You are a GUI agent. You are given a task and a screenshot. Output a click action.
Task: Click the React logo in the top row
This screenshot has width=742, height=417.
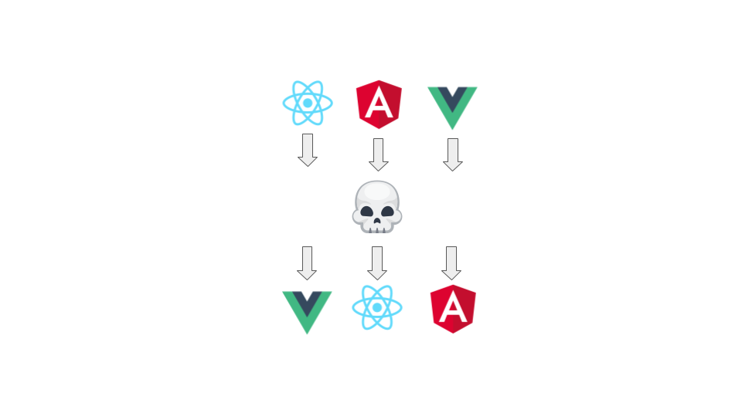[x=308, y=103]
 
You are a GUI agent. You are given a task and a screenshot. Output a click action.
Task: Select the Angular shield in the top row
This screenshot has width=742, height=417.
[x=379, y=103]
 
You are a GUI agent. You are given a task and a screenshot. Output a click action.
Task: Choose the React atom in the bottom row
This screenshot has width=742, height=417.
[x=377, y=307]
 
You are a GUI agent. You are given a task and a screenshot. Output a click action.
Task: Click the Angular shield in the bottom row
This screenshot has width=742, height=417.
[x=453, y=308]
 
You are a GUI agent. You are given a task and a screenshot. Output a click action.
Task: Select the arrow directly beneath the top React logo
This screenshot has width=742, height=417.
[x=308, y=150]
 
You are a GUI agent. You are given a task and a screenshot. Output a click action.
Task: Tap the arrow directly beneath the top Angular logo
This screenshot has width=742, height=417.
[x=378, y=154]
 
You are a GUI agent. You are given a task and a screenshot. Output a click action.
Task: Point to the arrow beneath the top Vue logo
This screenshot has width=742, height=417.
[x=453, y=154]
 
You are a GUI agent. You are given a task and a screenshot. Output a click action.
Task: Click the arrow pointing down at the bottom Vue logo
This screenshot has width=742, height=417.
[x=307, y=263]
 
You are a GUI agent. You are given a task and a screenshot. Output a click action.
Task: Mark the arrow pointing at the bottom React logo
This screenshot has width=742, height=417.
[x=377, y=263]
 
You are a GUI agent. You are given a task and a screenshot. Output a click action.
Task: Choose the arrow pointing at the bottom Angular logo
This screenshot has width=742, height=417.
[x=451, y=263]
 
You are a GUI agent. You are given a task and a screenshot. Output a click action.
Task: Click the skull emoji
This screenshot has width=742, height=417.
[x=377, y=207]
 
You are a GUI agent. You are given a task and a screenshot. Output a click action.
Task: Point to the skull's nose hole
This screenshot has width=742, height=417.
[x=377, y=218]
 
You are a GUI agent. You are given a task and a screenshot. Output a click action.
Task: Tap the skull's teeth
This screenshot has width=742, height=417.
[x=377, y=227]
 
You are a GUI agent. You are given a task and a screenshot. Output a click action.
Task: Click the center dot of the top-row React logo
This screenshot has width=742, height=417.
[x=308, y=103]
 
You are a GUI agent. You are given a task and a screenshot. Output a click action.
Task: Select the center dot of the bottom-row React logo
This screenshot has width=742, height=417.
[x=377, y=307]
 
